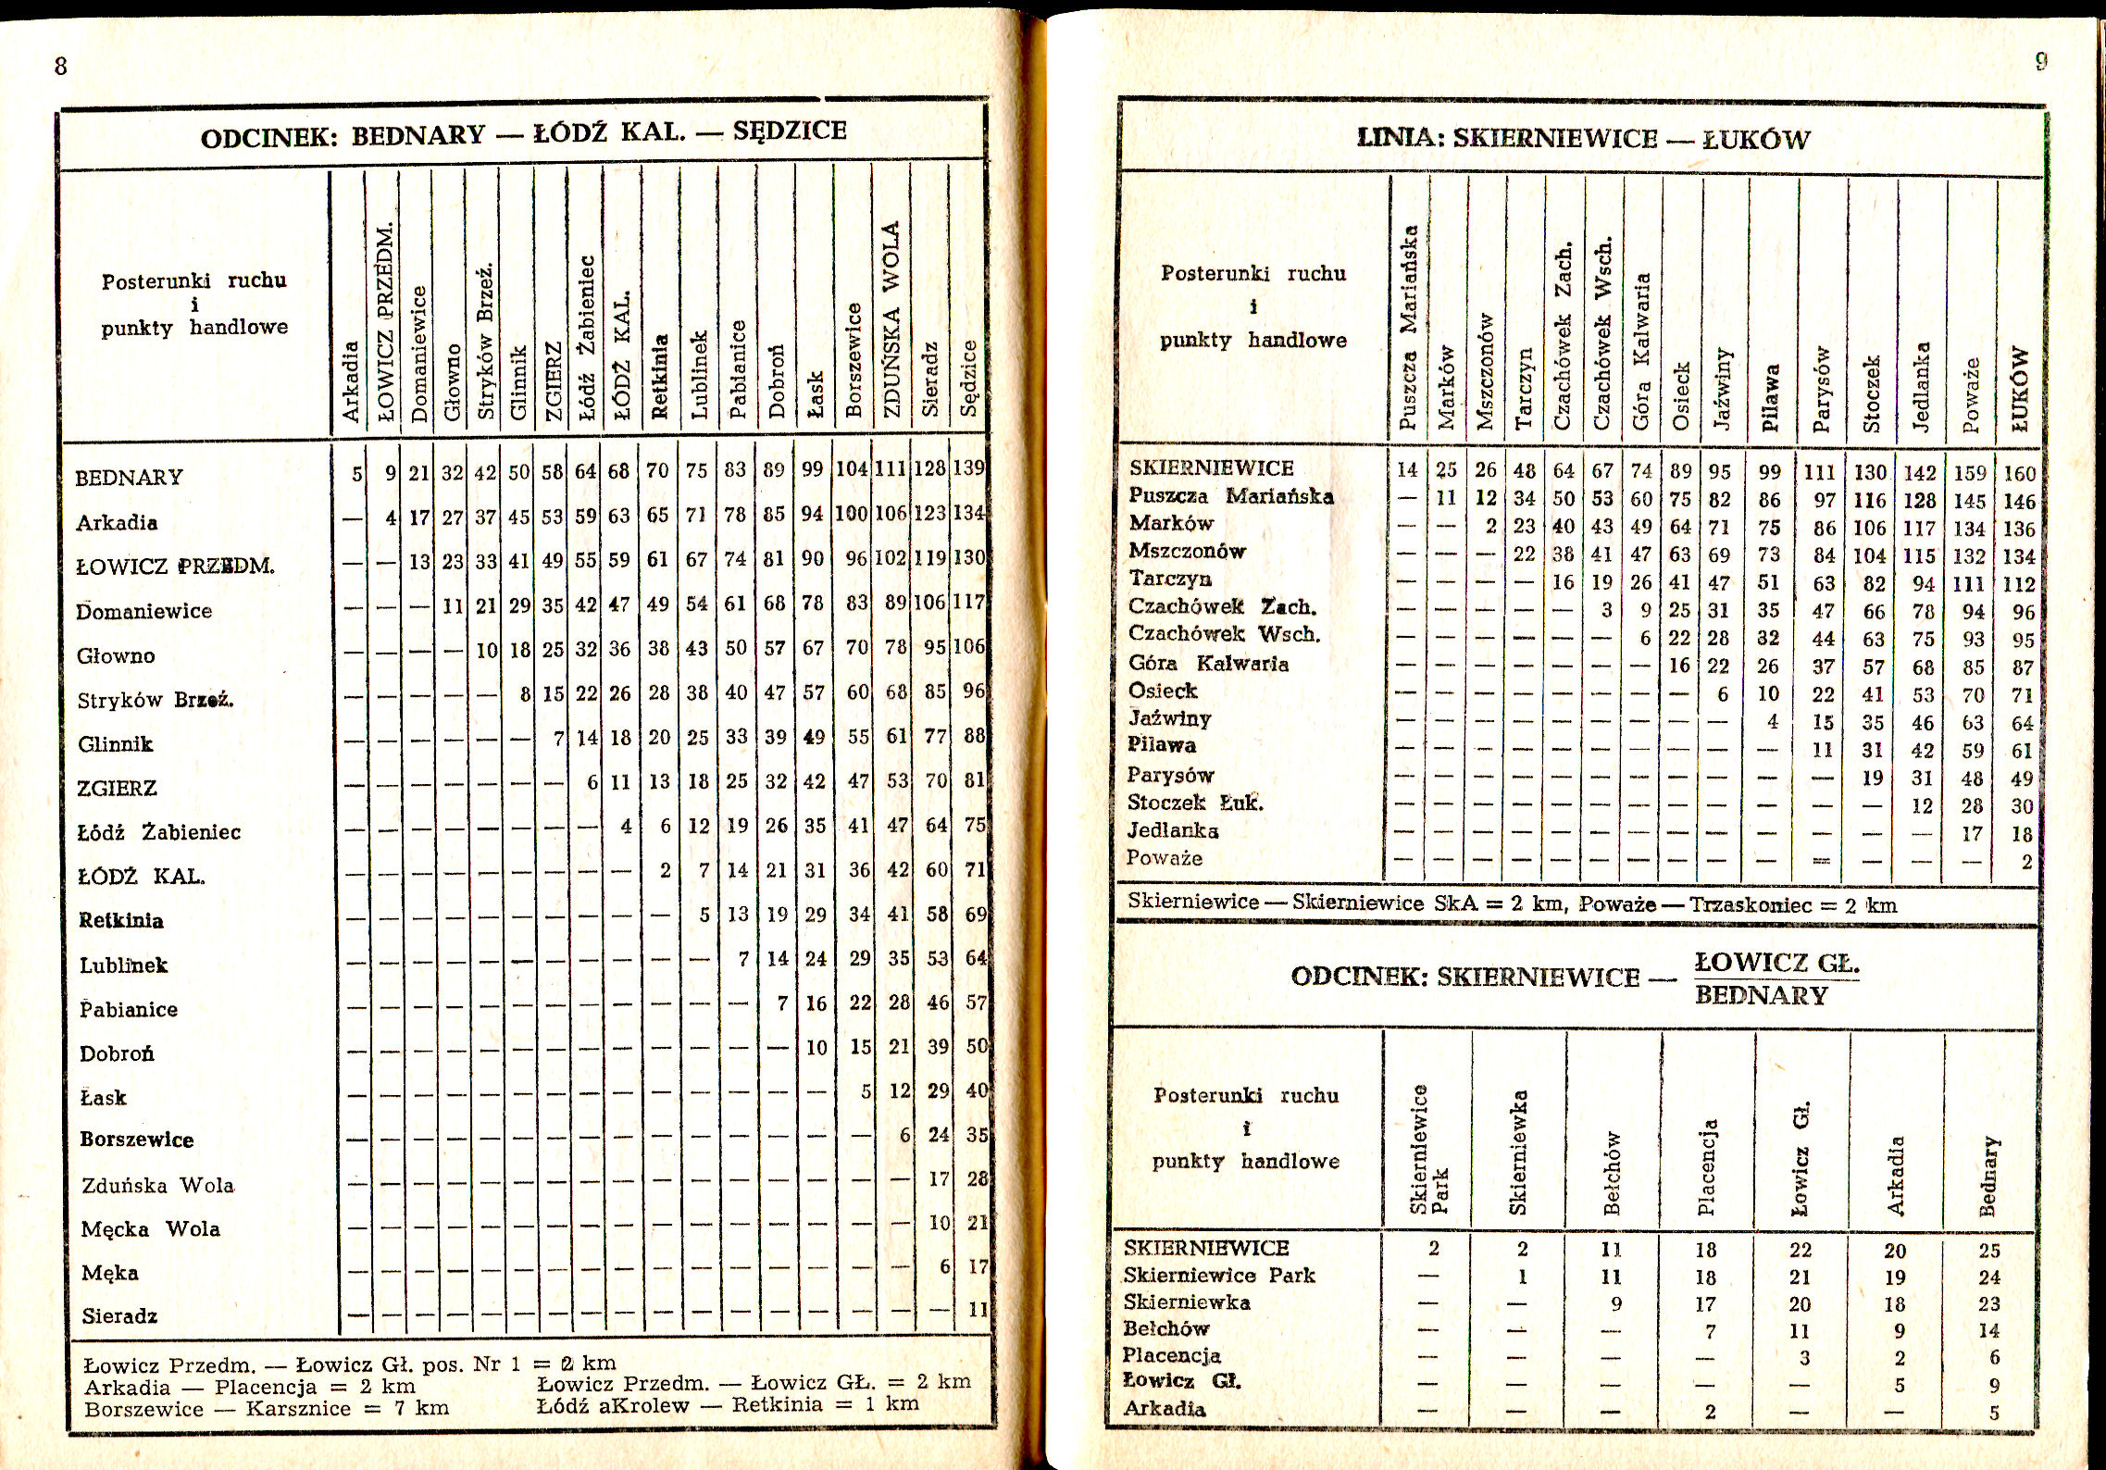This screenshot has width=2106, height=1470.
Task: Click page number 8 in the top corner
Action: pyautogui.click(x=61, y=66)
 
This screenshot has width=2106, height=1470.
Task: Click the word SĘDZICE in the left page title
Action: pyautogui.click(x=790, y=131)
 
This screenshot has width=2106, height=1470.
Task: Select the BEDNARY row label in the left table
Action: pyautogui.click(x=129, y=478)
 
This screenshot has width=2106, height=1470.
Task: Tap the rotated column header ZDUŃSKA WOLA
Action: pyautogui.click(x=890, y=319)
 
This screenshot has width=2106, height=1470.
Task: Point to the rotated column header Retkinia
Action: pyautogui.click(x=660, y=376)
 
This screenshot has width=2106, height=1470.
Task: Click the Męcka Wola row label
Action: pyautogui.click(x=151, y=1229)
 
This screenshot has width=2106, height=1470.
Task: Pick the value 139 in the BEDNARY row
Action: pyautogui.click(x=968, y=468)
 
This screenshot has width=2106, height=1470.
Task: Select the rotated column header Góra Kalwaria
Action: pyautogui.click(x=1641, y=351)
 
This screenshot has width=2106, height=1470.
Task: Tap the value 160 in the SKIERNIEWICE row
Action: pyautogui.click(x=2019, y=474)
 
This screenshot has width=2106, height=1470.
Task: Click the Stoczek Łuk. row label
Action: pyautogui.click(x=1194, y=803)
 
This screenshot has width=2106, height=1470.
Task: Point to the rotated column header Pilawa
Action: pyautogui.click(x=1770, y=397)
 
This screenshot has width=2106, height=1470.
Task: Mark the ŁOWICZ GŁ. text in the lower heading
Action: pyautogui.click(x=1776, y=964)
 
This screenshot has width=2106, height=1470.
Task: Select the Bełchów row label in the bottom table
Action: pyautogui.click(x=1166, y=1329)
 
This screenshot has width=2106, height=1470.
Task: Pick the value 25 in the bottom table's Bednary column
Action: pyautogui.click(x=1989, y=1251)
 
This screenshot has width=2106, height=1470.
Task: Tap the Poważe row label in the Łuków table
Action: pyautogui.click(x=1164, y=858)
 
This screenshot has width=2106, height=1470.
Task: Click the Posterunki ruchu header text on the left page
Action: pyautogui.click(x=193, y=280)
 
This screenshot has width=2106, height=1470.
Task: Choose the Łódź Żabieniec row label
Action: pyautogui.click(x=158, y=833)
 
